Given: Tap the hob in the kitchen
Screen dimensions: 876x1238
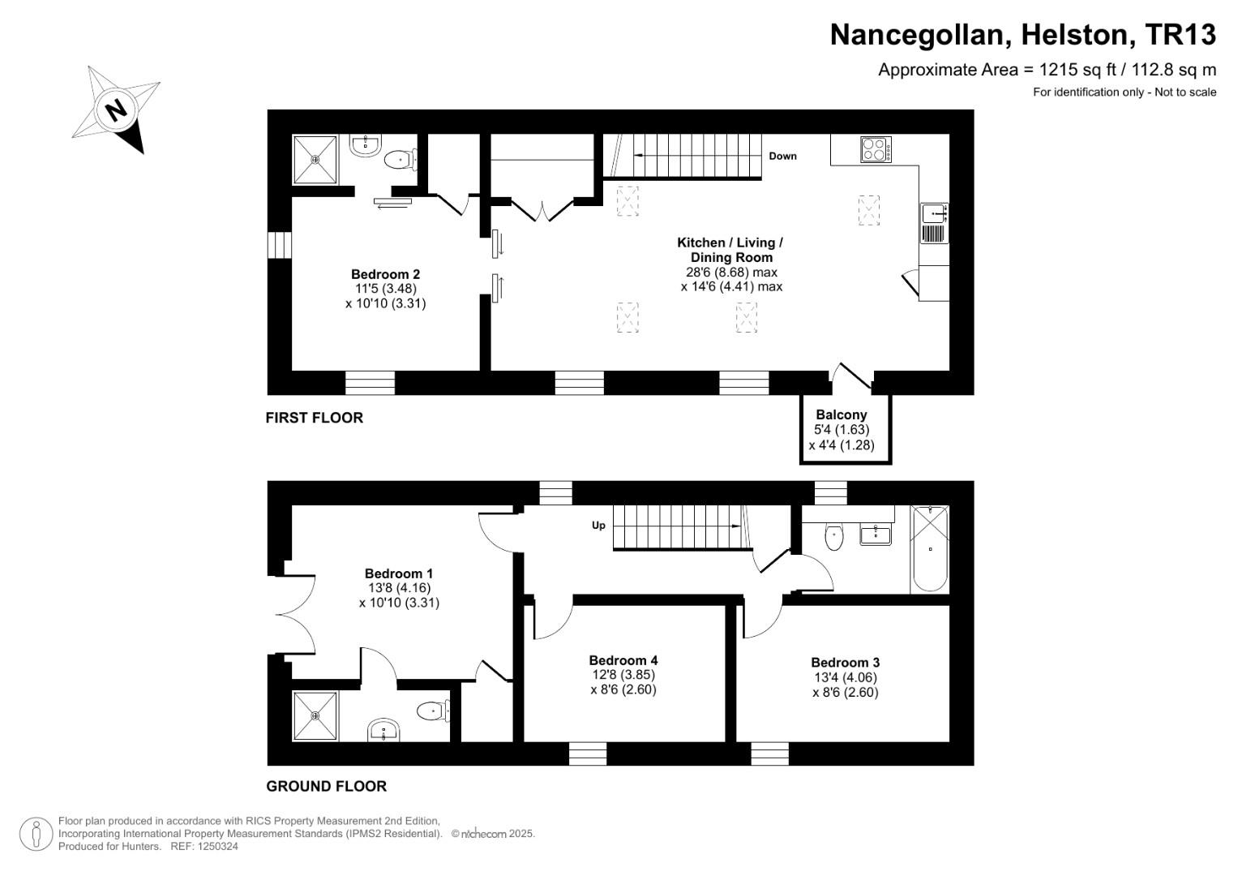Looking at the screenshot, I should coord(876,150).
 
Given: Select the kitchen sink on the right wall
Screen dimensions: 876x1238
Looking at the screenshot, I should coord(934,214).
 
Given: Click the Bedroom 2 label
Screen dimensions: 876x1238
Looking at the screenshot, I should coord(385,274).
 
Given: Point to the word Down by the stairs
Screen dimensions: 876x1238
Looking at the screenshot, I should coord(782,156).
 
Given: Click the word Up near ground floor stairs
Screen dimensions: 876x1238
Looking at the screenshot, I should coord(598,526).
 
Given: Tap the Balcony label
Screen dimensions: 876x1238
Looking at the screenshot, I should coord(842,414).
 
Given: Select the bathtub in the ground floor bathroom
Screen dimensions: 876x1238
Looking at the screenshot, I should coord(929,549).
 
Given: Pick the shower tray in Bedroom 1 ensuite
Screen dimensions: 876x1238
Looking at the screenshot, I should coord(315,715).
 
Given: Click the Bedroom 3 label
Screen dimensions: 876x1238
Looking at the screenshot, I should coord(845,663).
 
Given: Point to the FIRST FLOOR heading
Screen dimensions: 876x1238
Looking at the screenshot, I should coord(315,418).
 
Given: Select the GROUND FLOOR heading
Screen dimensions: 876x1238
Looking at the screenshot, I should coord(327,786).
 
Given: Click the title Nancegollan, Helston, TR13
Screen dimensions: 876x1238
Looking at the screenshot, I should coord(1023,35).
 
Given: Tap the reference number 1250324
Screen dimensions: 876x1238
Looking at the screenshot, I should coord(217,846).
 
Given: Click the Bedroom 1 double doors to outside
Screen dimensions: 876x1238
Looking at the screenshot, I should coord(292,615).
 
